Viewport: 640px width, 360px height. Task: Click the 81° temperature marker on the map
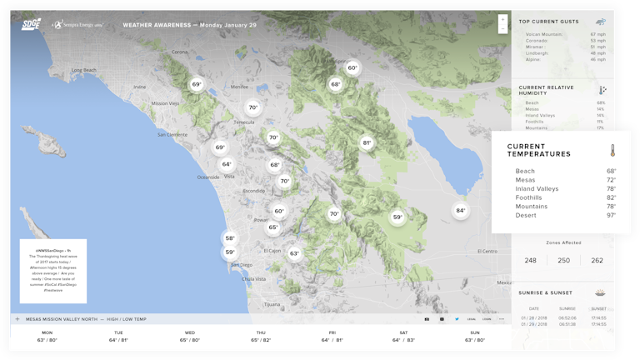tap(367, 142)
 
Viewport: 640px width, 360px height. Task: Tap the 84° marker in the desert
tap(460, 211)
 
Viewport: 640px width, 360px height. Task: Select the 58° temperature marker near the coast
tap(230, 238)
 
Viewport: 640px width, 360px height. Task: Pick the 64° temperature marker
tap(227, 164)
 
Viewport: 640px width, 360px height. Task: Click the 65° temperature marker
tap(272, 227)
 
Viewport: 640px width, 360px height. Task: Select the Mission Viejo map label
tap(165, 102)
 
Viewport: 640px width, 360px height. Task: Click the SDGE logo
tap(31, 25)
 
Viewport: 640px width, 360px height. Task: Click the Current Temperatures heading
tap(539, 150)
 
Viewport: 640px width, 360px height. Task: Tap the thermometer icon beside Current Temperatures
tap(611, 151)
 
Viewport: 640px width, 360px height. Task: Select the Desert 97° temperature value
tap(611, 216)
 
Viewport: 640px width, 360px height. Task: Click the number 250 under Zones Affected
tap(564, 261)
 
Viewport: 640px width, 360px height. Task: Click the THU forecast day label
tap(261, 332)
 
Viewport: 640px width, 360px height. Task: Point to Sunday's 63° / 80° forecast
tap(474, 340)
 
